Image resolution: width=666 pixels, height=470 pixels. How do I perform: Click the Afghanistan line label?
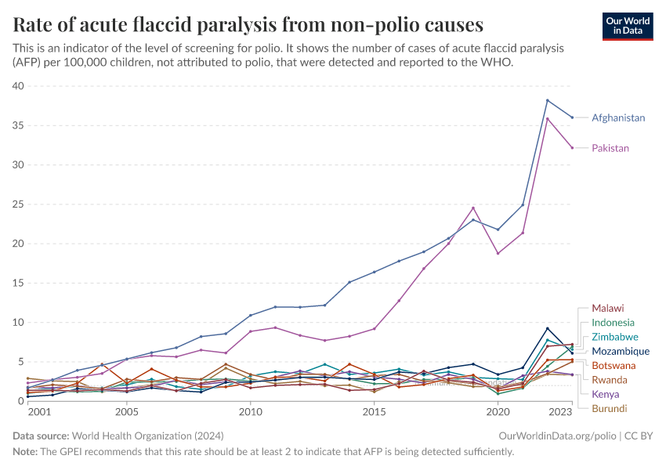click(618, 118)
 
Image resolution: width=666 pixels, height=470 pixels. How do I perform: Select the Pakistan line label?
click(610, 148)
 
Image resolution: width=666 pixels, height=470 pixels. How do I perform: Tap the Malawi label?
click(608, 308)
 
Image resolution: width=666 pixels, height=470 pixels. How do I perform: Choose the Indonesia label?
click(613, 323)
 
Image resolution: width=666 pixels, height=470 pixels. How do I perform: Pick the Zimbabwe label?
click(615, 337)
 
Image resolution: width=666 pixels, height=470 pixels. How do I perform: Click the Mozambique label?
click(620, 351)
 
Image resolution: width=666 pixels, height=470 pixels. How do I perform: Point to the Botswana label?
click(614, 366)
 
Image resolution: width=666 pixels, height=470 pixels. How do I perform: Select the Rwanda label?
click(610, 380)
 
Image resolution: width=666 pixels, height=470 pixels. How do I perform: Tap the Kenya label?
click(606, 394)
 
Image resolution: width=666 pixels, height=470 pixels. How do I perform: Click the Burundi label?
click(609, 408)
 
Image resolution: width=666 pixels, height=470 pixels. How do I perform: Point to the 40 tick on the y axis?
click(18, 86)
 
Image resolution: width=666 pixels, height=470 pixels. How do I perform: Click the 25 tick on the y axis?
click(18, 204)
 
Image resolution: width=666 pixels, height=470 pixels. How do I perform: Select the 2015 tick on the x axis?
click(374, 411)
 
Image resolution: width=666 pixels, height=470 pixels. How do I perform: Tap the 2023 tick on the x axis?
click(560, 411)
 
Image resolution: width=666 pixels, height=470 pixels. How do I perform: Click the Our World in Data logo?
click(628, 26)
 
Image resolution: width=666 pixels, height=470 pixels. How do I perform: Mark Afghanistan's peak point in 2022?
click(547, 100)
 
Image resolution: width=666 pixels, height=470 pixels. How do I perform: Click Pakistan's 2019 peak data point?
click(473, 208)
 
